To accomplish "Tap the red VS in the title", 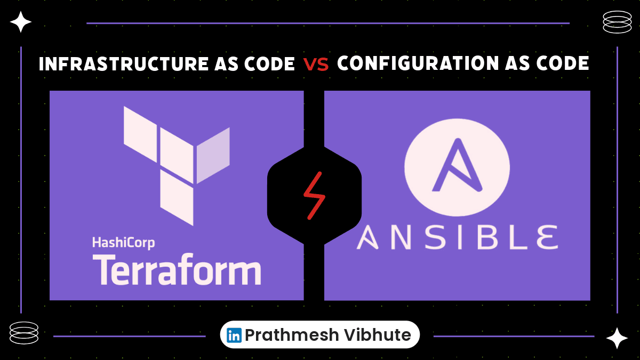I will (x=316, y=65).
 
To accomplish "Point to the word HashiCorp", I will (x=123, y=243).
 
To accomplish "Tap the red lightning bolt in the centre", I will (x=314, y=195).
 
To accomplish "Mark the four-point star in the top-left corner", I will (x=21, y=22).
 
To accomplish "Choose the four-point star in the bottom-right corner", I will (x=617, y=338).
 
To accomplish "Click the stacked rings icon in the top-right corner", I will (x=617, y=22).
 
